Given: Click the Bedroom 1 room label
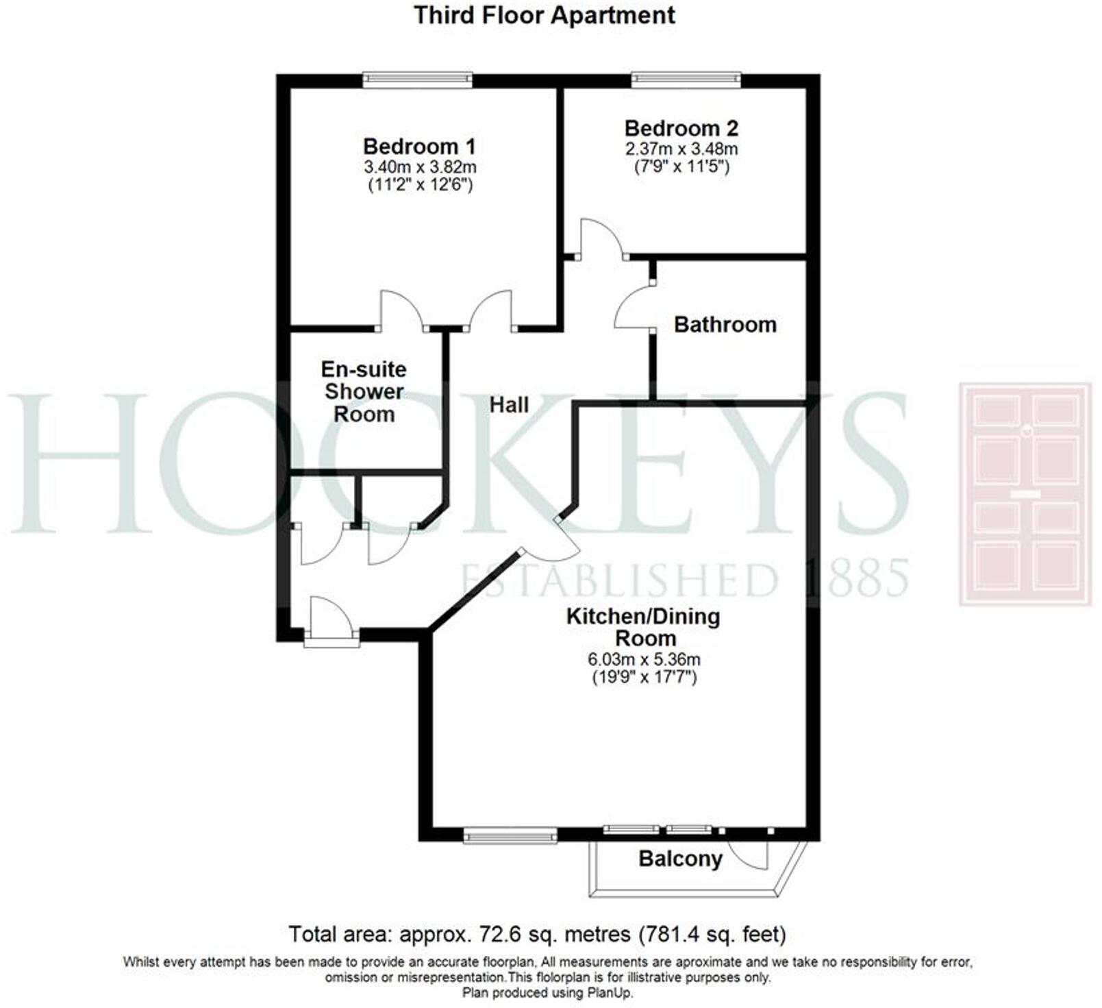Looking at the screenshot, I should click(x=418, y=147).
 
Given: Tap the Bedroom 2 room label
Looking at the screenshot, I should click(x=681, y=128).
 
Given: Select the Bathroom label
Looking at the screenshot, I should click(x=725, y=324).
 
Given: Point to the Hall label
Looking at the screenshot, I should click(x=509, y=404).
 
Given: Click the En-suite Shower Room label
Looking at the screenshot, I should click(x=364, y=391).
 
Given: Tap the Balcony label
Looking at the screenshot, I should click(x=680, y=859).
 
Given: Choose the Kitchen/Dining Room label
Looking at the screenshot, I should click(x=643, y=627).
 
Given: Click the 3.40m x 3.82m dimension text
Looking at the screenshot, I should click(x=420, y=167).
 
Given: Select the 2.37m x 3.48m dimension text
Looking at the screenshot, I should click(x=681, y=148).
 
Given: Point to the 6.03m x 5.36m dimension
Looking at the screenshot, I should click(x=644, y=660).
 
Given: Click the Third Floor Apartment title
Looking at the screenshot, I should click(x=544, y=15).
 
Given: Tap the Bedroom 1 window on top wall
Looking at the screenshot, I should click(x=417, y=79).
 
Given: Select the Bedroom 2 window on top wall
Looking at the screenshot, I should click(x=686, y=79).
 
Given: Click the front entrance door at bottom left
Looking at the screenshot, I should click(x=331, y=620).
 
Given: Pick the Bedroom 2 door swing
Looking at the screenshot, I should click(x=601, y=236).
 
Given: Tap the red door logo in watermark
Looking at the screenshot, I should click(x=1025, y=494).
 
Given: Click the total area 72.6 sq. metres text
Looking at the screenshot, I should click(x=537, y=934).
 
